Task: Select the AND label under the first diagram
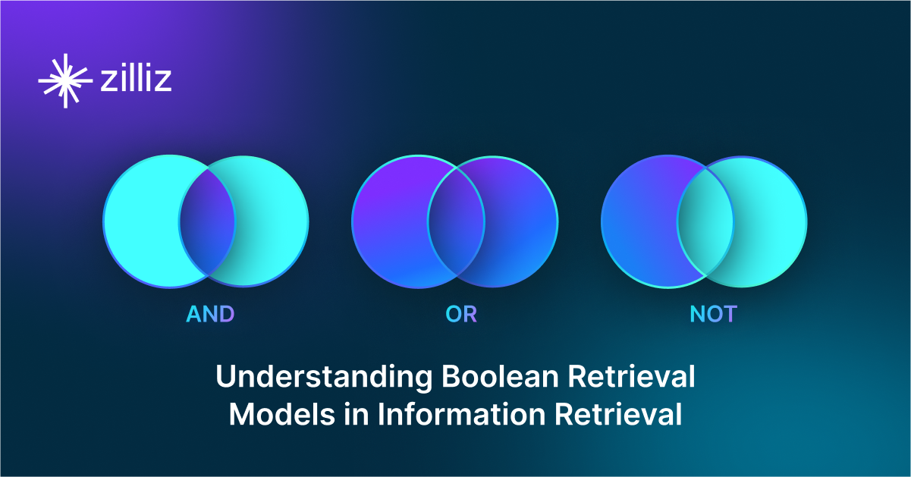tap(210, 314)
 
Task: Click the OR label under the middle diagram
tap(461, 314)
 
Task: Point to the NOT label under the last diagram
tap(712, 314)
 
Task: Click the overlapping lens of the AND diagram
tap(207, 221)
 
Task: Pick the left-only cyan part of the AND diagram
tap(141, 221)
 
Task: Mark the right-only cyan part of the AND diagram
tap(272, 221)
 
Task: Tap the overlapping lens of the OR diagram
tap(456, 221)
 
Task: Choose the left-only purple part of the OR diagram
tap(389, 221)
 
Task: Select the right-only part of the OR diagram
tap(521, 221)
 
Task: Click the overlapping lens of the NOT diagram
tap(705, 221)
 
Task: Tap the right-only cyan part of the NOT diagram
tap(770, 221)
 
